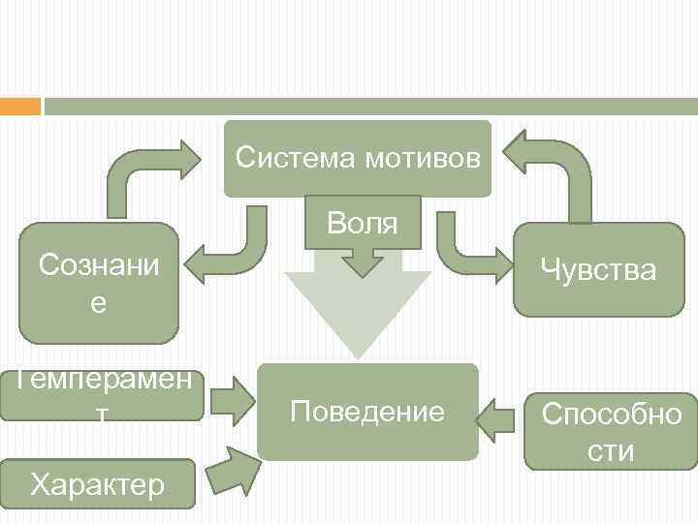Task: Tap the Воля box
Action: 363,222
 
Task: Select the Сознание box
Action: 98,284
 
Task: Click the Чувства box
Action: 598,270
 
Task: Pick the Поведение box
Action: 367,412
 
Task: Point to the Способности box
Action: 611,431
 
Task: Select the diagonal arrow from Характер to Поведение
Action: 230,470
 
